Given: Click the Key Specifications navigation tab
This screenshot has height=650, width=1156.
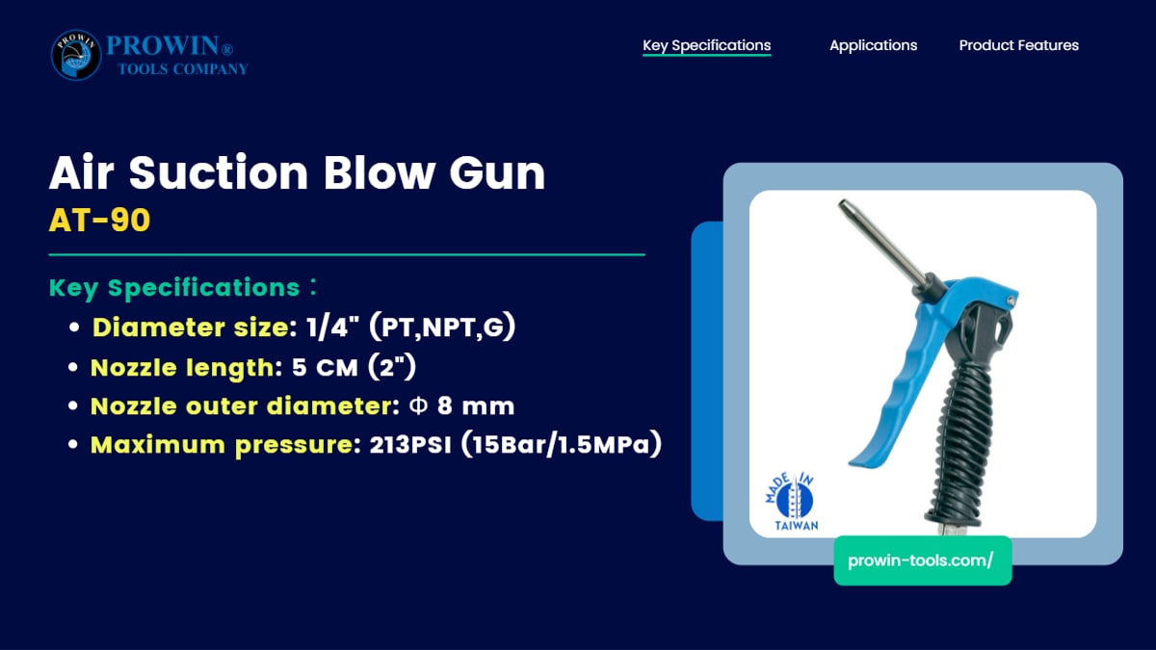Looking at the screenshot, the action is pos(706,45).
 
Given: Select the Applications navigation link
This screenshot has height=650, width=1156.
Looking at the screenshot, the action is pos(873,45).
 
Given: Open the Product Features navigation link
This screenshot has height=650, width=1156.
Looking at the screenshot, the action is pos(1019,45).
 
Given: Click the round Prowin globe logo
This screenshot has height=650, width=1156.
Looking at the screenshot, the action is pos(76,55).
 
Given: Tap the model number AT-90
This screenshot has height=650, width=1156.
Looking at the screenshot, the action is pos(99,221).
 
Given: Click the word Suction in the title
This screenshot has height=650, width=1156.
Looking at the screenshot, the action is pos(219,172).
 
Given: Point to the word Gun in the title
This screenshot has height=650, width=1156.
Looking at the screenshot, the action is pos(497,172).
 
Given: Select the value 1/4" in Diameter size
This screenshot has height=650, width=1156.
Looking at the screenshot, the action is pos(332,327).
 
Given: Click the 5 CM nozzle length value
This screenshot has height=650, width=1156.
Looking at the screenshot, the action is pos(325,368).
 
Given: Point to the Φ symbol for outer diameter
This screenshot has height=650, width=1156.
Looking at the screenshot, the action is pos(418,406).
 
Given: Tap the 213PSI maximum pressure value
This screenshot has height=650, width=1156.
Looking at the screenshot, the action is pos(410,445).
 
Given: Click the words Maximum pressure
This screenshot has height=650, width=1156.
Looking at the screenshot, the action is pos(222,445).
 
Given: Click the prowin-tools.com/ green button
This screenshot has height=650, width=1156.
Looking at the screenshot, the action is pos(923,560).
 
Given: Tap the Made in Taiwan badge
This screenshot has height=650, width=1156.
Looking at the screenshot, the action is pos(792,502).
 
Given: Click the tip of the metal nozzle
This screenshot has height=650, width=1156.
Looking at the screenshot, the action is pos(843,205).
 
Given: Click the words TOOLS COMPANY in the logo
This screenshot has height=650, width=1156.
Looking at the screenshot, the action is pos(183,69).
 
